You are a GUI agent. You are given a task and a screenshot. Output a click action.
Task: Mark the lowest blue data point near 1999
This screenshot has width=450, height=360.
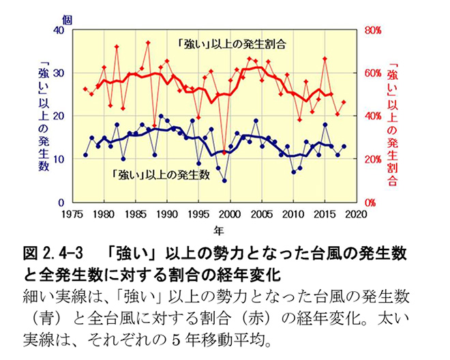tap(224, 181)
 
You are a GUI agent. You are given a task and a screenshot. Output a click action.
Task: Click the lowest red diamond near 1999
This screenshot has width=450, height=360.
tap(224, 152)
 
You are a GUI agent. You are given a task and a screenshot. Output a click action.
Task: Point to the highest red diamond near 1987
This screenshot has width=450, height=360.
tap(148, 43)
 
